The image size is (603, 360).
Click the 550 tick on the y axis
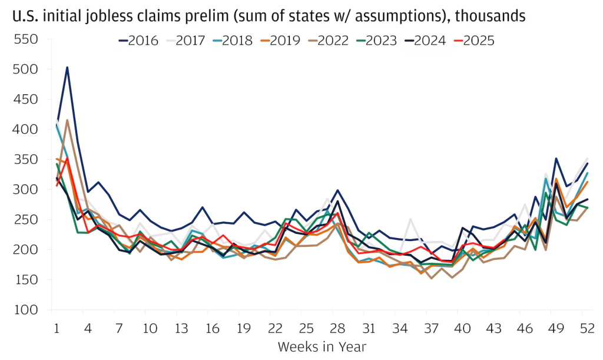(x=25, y=39)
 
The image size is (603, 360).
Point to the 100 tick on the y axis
(x=25, y=310)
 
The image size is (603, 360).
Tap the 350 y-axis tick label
(x=25, y=160)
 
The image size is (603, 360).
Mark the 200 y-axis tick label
(x=25, y=250)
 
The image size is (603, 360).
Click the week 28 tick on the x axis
(x=336, y=328)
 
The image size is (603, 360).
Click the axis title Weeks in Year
(x=322, y=346)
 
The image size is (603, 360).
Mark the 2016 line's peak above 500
(x=67, y=67)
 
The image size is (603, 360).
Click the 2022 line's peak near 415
(x=67, y=120)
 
